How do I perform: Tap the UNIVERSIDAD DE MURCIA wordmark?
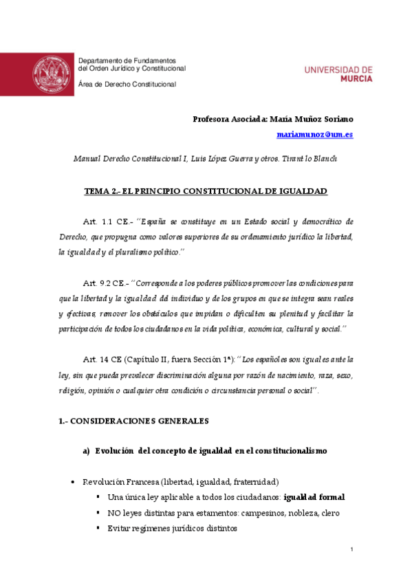[338, 74]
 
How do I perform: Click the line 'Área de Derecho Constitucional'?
[127, 84]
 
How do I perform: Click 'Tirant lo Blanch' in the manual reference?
[310, 159]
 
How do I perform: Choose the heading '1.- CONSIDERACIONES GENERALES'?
[133, 420]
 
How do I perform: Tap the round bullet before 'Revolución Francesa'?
[72, 483]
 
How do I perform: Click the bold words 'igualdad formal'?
[314, 497]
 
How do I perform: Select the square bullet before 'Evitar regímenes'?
[98, 529]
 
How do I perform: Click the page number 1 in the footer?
[351, 550]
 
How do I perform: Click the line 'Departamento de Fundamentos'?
[127, 61]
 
